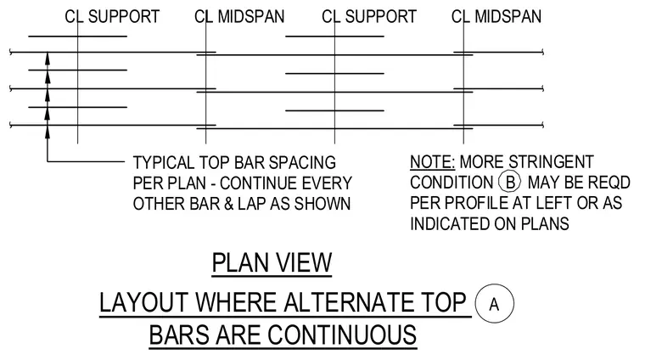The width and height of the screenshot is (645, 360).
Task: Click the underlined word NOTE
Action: (x=432, y=162)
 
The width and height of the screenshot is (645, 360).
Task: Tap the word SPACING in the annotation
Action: (x=302, y=163)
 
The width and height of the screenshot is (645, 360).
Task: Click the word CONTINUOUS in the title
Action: (x=342, y=335)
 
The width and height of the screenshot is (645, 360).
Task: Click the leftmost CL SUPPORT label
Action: (x=112, y=17)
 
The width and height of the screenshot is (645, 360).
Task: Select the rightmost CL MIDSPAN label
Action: (x=496, y=17)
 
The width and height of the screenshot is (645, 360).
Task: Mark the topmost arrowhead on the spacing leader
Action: (x=48, y=58)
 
